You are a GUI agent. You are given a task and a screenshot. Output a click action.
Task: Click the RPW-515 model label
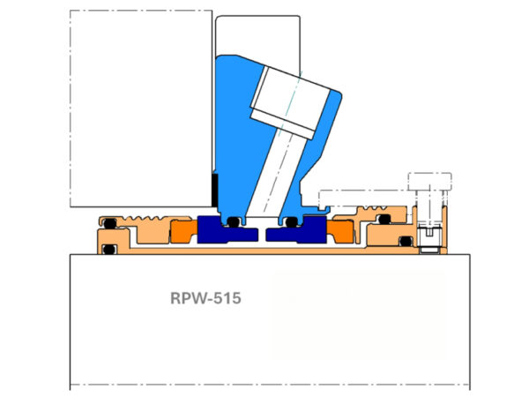click(205, 298)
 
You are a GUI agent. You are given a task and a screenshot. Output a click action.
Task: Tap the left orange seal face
click(183, 233)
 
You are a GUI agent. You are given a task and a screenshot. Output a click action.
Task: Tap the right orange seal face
click(339, 233)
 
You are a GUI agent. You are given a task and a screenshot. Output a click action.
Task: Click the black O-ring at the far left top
click(110, 221)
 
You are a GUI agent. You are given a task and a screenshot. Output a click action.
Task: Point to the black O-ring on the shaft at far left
click(109, 251)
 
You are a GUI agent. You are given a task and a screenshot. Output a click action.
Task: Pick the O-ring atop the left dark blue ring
click(234, 221)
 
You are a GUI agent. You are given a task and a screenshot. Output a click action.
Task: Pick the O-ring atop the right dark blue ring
click(284, 221)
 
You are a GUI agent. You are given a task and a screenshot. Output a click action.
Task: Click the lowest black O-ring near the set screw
click(406, 241)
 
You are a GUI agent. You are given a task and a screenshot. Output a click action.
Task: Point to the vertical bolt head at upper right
click(429, 183)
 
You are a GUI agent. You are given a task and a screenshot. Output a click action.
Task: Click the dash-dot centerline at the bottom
click(264, 386)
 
